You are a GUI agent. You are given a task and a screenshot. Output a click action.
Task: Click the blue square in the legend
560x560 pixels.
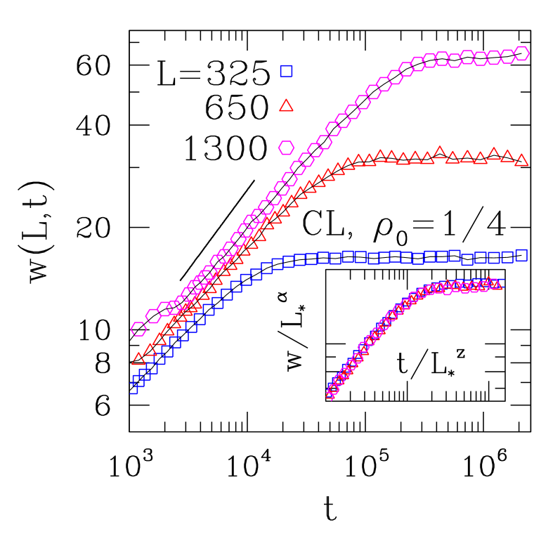click(286, 71)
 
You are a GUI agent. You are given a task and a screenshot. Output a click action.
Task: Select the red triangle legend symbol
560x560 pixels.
click(286, 106)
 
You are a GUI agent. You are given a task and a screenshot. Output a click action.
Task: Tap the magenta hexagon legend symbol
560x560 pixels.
click(286, 148)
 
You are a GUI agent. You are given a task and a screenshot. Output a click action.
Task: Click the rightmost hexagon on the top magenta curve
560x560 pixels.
click(521, 53)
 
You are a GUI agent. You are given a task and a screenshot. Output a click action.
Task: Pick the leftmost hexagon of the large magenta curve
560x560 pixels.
click(138, 329)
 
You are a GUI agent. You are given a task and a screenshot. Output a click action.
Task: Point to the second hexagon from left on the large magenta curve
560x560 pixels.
click(153, 315)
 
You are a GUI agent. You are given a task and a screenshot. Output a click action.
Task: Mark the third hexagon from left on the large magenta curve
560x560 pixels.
click(166, 309)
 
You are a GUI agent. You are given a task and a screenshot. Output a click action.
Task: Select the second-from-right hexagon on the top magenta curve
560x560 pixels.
click(507, 57)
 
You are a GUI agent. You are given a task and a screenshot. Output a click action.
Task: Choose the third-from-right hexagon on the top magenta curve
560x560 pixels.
click(494, 58)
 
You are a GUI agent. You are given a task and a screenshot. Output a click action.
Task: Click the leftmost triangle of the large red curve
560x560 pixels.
click(138, 359)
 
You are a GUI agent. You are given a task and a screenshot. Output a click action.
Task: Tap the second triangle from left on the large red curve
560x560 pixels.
click(150, 350)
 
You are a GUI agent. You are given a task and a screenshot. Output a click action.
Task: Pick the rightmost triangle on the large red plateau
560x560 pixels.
click(521, 160)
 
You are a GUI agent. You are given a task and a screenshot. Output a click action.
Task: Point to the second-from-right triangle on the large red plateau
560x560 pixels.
click(507, 156)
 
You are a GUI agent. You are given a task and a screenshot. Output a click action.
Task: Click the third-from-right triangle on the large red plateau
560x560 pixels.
click(494, 153)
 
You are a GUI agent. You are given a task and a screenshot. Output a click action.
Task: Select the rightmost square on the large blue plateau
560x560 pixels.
click(521, 255)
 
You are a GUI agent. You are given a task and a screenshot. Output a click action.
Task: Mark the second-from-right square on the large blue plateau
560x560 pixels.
click(507, 258)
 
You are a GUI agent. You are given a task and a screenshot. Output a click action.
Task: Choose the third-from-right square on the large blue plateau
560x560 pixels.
click(494, 258)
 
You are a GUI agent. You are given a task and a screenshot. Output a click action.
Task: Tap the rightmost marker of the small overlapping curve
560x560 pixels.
click(497, 284)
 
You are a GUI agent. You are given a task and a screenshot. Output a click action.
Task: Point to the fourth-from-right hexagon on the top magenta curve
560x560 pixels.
click(481, 58)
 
